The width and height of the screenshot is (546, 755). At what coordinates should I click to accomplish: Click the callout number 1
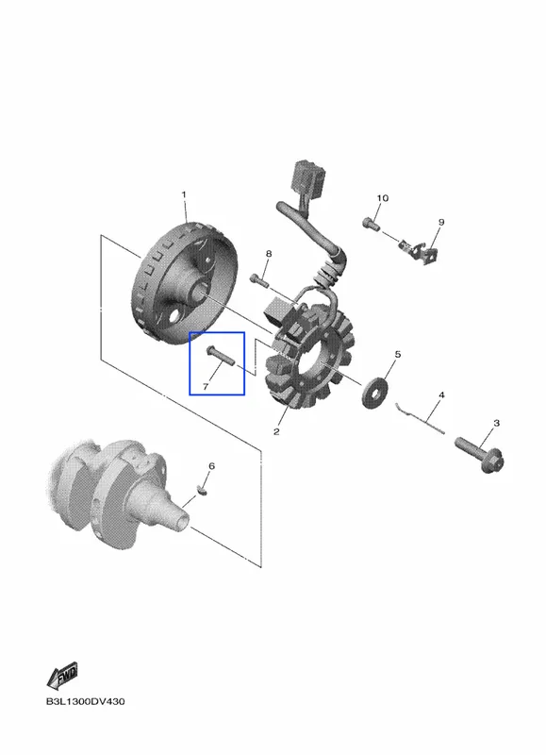(x=183, y=194)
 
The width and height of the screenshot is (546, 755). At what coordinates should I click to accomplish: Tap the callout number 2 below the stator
(x=276, y=431)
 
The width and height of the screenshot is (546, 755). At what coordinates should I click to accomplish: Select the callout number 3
(x=496, y=423)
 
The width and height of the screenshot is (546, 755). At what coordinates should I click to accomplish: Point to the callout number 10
(x=383, y=198)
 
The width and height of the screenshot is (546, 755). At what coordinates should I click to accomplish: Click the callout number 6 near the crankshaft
(x=211, y=465)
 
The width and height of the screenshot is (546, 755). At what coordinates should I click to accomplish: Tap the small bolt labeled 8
(x=259, y=279)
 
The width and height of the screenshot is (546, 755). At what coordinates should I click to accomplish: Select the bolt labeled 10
(x=371, y=224)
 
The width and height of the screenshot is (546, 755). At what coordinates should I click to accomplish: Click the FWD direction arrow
(x=62, y=675)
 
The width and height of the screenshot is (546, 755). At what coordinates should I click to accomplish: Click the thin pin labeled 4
(x=420, y=417)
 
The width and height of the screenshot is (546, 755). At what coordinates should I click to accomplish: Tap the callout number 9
(x=441, y=222)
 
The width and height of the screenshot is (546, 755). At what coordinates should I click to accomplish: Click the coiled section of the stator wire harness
(x=329, y=273)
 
